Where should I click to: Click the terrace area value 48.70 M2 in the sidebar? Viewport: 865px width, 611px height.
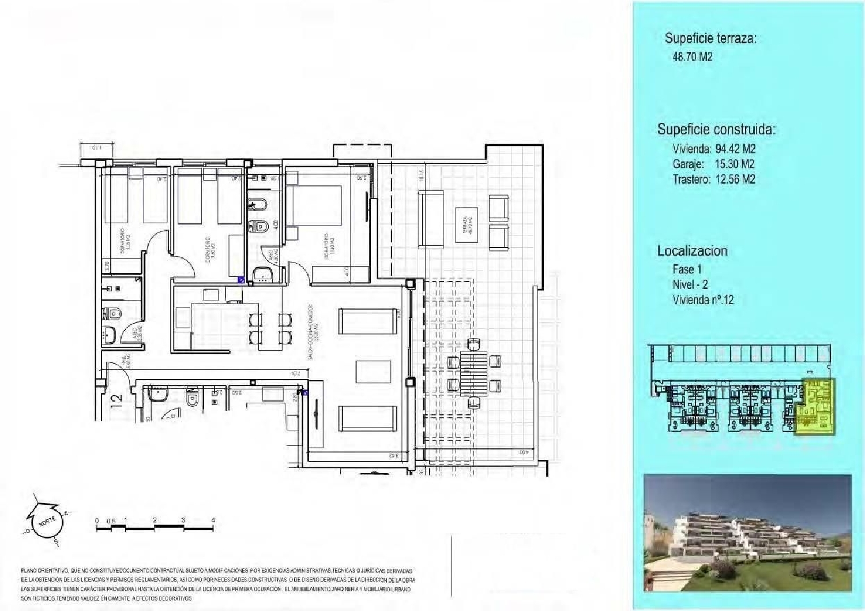pos(697,57)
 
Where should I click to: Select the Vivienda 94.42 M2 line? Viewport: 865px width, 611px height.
pos(714,149)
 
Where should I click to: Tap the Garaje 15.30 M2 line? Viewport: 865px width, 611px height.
pos(713,164)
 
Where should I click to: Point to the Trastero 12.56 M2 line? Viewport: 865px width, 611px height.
pos(714,179)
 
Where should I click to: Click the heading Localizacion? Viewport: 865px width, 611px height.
pos(692,251)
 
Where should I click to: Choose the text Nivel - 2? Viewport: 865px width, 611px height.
pos(690,284)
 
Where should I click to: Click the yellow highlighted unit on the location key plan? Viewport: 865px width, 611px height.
pos(815,407)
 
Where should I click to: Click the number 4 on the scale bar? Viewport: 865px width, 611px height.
pos(213,520)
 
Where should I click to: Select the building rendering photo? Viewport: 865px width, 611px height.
pos(747,533)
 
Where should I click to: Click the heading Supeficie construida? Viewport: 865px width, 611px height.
pos(716,129)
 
